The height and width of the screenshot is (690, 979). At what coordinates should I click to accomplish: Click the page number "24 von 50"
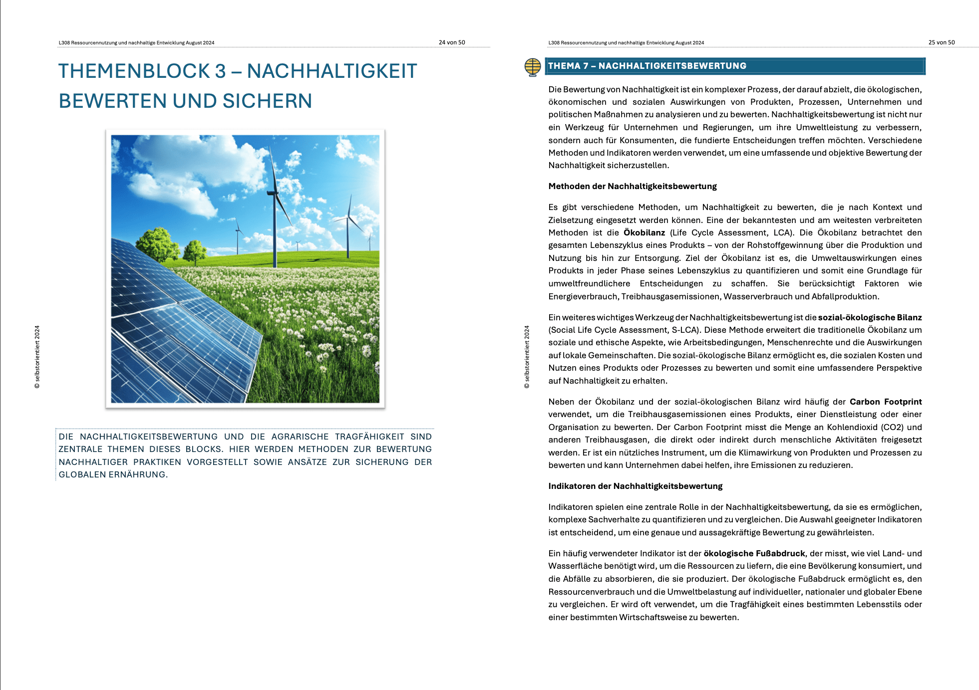[451, 42]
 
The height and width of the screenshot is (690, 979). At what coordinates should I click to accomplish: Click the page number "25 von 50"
[941, 42]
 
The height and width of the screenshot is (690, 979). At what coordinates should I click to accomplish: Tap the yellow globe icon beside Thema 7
[533, 67]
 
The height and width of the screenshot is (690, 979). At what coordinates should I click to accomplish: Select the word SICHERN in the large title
[267, 101]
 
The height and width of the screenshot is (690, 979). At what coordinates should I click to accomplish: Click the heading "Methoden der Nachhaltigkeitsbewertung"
[632, 186]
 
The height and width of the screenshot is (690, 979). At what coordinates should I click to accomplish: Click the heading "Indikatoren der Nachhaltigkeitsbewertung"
[635, 486]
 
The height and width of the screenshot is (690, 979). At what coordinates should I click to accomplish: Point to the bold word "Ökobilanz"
[644, 232]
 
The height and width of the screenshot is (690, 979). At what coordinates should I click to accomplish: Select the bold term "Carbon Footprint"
[885, 402]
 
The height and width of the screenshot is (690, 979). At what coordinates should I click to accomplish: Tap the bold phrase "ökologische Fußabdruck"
[754, 553]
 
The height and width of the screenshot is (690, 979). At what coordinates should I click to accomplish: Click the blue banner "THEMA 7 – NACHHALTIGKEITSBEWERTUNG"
[735, 66]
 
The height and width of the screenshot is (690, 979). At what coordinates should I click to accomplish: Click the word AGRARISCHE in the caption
[300, 437]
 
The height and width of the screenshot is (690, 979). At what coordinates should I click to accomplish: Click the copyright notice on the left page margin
[37, 357]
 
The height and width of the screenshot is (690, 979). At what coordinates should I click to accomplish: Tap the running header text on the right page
[626, 43]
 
